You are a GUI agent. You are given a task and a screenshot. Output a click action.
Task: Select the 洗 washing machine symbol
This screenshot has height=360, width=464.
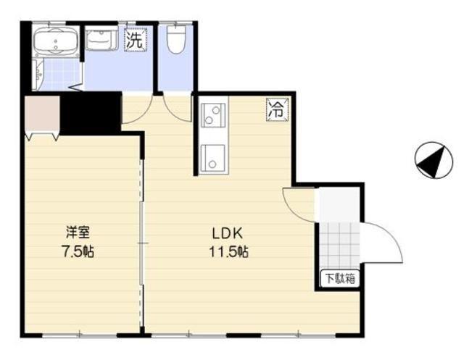[x=134, y=41]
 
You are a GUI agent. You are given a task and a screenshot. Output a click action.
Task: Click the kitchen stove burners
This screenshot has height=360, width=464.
[x=213, y=115]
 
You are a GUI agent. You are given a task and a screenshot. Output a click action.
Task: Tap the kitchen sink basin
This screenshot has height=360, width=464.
[x=213, y=156]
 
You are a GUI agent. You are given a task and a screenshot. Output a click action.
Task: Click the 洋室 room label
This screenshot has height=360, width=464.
[x=78, y=233]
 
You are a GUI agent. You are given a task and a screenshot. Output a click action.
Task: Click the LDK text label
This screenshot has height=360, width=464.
[x=225, y=233]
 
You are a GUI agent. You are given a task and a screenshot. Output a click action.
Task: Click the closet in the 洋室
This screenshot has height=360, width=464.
[x=41, y=115]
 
